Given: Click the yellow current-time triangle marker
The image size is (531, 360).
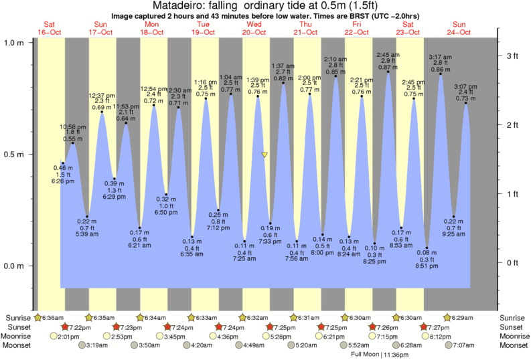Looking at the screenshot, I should click(x=264, y=155).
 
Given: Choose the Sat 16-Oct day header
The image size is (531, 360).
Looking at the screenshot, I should click(x=50, y=27).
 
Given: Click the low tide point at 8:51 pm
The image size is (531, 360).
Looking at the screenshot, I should click(x=427, y=248).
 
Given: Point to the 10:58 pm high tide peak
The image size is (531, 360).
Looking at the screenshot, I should click(x=73, y=143).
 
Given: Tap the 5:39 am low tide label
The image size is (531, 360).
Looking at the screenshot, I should click(x=83, y=233).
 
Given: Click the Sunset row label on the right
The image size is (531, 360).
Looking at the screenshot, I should click(x=513, y=327).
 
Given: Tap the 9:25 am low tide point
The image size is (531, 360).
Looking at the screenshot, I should click(x=453, y=217).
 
